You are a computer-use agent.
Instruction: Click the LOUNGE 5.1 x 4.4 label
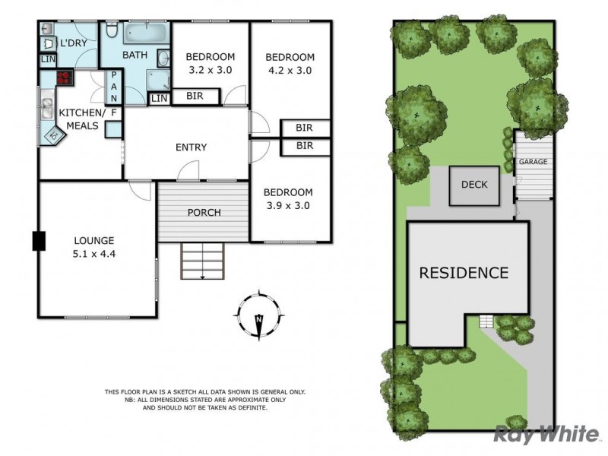(x=95, y=247)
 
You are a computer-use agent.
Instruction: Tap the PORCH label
(x=204, y=212)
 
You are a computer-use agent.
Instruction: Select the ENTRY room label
(x=191, y=147)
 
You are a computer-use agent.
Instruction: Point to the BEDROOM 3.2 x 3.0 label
(x=210, y=63)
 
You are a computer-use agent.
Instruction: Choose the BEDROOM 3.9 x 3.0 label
(x=289, y=198)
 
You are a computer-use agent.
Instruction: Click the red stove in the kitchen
(x=63, y=77)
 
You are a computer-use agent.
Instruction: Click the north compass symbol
(x=258, y=314)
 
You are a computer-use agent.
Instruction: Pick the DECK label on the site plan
(x=474, y=185)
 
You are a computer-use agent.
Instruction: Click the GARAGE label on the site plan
(x=533, y=162)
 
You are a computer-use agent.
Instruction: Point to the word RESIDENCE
(x=464, y=272)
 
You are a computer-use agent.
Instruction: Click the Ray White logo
(x=545, y=434)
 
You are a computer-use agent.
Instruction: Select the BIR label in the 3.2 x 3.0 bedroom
(x=194, y=97)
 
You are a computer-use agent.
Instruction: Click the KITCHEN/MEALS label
(x=78, y=119)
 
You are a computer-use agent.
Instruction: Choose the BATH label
(x=135, y=55)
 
